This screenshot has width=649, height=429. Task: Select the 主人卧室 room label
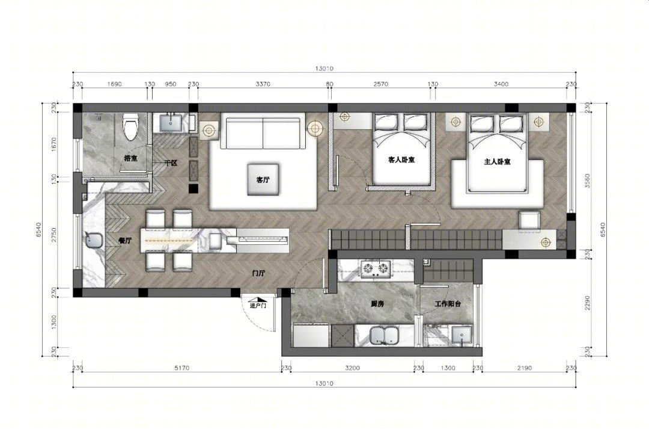498,162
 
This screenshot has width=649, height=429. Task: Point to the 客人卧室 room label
403,160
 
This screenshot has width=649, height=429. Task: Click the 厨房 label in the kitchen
377,305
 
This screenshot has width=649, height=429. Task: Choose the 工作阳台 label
448,304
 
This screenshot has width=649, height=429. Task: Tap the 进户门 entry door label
258,306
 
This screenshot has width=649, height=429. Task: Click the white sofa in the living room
263,133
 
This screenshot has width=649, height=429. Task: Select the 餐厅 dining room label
125,240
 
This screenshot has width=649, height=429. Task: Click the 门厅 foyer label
259,273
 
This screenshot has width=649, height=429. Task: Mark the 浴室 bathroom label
130,158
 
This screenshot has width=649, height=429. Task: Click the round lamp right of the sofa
315,128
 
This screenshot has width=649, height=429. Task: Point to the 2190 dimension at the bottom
523,368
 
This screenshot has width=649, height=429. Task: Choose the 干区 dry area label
170,163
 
